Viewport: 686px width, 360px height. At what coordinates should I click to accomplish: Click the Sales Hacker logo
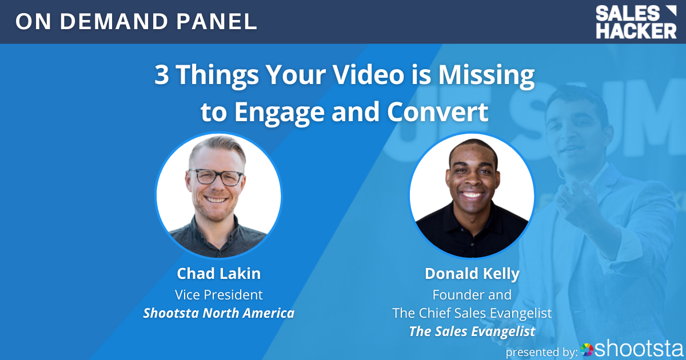[x=636, y=22]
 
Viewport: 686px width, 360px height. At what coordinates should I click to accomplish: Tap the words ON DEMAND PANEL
[x=136, y=22]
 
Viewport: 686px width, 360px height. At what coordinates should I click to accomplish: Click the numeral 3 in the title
[x=161, y=74]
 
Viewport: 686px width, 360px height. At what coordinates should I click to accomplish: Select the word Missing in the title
[x=486, y=77]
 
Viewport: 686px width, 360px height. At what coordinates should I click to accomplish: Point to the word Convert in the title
[x=437, y=112]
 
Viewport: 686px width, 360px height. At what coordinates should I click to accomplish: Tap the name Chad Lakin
[x=218, y=273]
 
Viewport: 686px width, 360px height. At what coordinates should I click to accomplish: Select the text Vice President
[x=218, y=295]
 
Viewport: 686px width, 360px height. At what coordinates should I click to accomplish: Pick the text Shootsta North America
[x=218, y=313]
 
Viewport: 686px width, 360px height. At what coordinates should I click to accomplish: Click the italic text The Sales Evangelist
[x=472, y=332]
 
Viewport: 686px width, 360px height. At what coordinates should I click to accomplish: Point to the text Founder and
[x=472, y=295]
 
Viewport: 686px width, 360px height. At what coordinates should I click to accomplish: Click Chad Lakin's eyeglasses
[x=216, y=177]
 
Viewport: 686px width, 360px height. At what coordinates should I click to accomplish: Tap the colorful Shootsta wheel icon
[x=587, y=350]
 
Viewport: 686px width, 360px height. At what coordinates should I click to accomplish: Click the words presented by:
[x=541, y=352]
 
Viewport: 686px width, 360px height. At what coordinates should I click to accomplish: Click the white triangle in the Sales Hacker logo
[x=671, y=11]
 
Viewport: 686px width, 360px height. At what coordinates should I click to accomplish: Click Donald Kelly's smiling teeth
[x=472, y=195]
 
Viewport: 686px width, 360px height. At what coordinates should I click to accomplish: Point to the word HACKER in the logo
[x=636, y=31]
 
